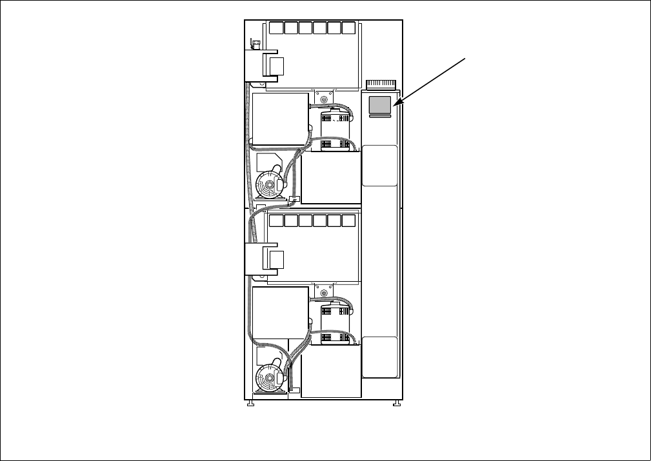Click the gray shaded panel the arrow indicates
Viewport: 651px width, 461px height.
381,104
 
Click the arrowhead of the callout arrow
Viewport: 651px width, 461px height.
397,103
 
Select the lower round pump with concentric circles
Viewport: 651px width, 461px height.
266,378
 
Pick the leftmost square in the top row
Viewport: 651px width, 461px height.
275,28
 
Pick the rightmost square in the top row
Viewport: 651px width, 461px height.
348,28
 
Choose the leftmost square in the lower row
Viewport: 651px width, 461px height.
275,221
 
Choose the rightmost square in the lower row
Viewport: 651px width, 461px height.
348,221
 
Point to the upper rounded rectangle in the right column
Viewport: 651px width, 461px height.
379,166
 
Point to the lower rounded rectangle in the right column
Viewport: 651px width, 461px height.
379,357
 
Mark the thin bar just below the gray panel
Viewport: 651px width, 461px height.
381,117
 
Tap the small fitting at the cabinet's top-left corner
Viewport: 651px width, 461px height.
254,43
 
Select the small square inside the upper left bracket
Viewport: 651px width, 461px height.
276,65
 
